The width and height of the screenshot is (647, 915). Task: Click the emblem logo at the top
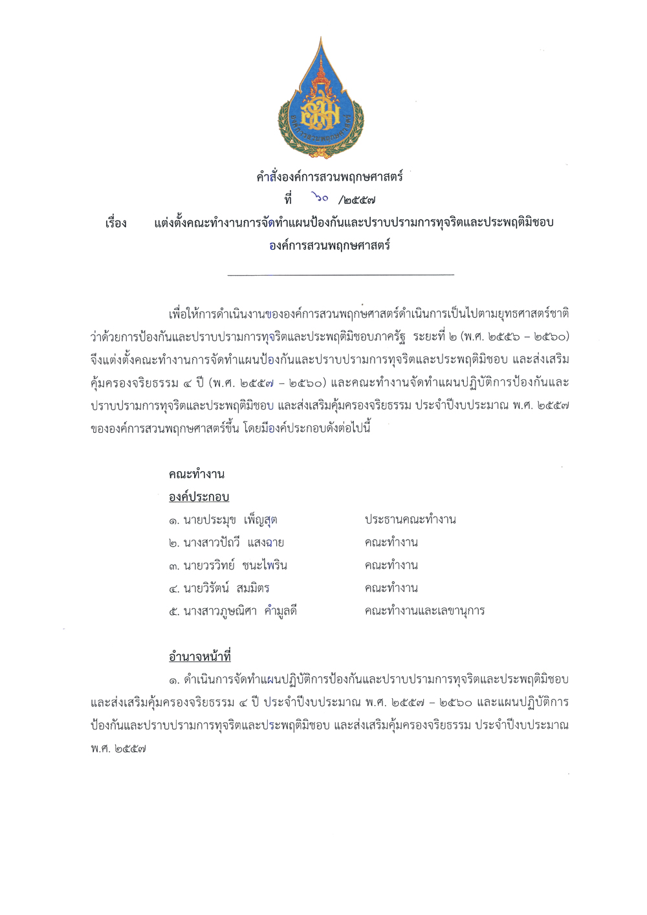(x=322, y=98)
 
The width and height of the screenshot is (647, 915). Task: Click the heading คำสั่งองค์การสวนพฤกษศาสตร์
(x=329, y=177)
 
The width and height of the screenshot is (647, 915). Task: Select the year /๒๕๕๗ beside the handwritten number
(x=357, y=200)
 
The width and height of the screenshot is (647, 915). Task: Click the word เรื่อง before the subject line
(x=116, y=223)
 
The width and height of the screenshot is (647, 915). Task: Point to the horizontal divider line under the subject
(x=341, y=275)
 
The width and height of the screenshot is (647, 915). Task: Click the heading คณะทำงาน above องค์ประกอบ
(x=197, y=474)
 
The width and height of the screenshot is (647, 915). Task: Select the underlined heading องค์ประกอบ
(x=199, y=497)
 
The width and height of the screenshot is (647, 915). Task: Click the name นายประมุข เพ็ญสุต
(x=230, y=520)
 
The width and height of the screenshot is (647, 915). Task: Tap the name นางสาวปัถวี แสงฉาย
(x=233, y=543)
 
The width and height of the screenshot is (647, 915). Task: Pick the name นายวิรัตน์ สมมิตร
(x=226, y=588)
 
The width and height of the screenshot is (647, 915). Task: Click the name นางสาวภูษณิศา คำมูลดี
(x=239, y=611)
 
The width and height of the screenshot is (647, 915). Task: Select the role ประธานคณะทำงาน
(x=410, y=520)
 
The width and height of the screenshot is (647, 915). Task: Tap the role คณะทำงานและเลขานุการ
(x=424, y=611)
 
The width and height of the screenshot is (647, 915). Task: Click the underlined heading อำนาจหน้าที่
(x=199, y=657)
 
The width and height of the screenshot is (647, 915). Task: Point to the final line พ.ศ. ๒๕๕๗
(x=118, y=749)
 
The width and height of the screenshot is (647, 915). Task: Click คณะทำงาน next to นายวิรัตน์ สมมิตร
(x=391, y=588)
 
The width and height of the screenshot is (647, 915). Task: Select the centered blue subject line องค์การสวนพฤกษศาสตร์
(x=329, y=246)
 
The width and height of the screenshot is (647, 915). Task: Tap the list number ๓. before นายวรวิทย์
(x=173, y=566)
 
